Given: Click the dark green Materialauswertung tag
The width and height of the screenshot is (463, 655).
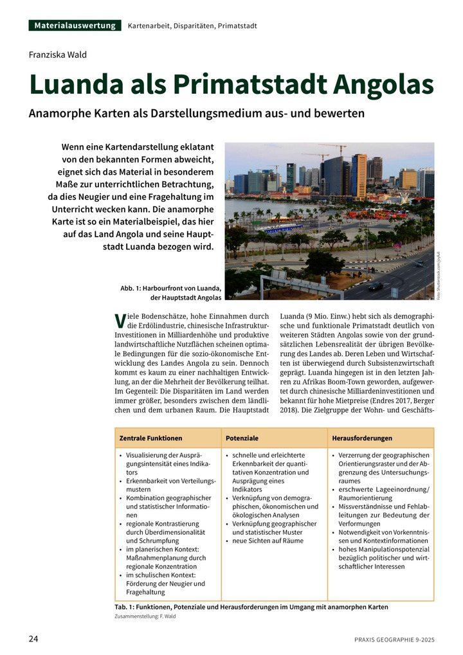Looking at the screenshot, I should click(75, 26).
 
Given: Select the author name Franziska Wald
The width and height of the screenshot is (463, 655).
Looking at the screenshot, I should click(58, 55).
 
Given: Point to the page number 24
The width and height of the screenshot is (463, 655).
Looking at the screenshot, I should click(33, 639).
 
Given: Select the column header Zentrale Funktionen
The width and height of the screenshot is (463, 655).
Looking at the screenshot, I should click(150, 438).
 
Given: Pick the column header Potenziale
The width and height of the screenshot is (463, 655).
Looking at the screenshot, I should click(242, 438).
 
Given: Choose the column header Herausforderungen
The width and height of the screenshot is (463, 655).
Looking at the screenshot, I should click(362, 438).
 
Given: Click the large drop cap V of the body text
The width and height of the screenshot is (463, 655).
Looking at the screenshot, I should click(119, 319).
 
